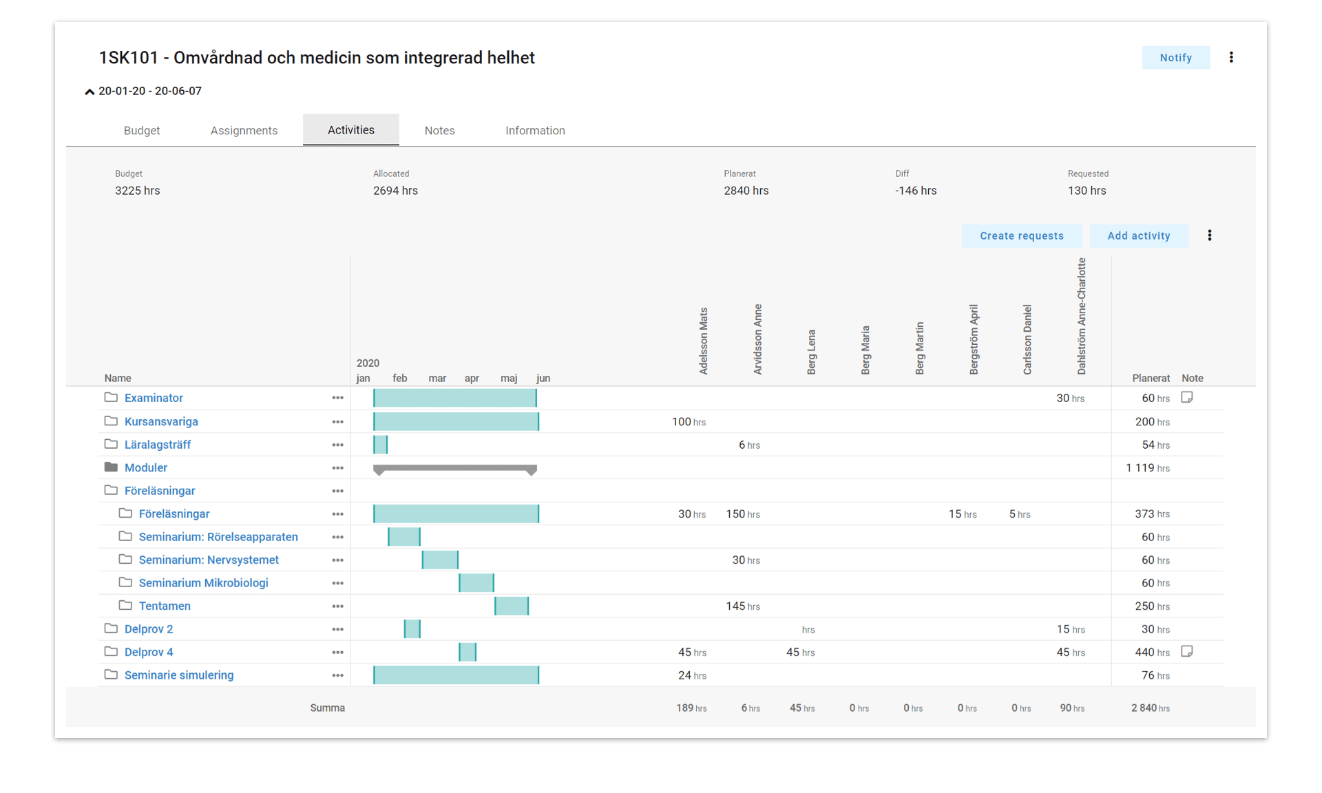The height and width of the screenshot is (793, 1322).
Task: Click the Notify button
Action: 1175,58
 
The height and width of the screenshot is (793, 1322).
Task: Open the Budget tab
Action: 142,130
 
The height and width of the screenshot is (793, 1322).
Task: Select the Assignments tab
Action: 244,130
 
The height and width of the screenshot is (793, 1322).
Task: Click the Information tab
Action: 535,130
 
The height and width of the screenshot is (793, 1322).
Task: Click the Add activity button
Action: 1138,235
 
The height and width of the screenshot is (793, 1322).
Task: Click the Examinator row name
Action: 154,398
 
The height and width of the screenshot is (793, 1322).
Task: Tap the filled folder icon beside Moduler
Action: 111,467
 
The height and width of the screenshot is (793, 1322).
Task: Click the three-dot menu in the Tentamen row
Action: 337,606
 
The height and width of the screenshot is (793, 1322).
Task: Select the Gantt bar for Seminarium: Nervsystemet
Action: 440,560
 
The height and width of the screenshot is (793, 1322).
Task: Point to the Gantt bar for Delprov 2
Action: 412,629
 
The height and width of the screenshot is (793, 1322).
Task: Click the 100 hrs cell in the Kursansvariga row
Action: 689,422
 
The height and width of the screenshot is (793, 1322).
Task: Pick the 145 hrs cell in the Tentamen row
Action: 743,606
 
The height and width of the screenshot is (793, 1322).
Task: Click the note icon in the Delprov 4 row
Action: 1186,651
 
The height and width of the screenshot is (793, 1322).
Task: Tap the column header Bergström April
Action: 974,339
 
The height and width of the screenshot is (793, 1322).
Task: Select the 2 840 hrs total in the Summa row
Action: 1150,708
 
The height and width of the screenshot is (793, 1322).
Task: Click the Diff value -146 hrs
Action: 916,191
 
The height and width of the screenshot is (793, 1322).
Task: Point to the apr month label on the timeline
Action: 472,378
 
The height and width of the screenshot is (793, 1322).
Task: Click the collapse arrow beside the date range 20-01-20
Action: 90,92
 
